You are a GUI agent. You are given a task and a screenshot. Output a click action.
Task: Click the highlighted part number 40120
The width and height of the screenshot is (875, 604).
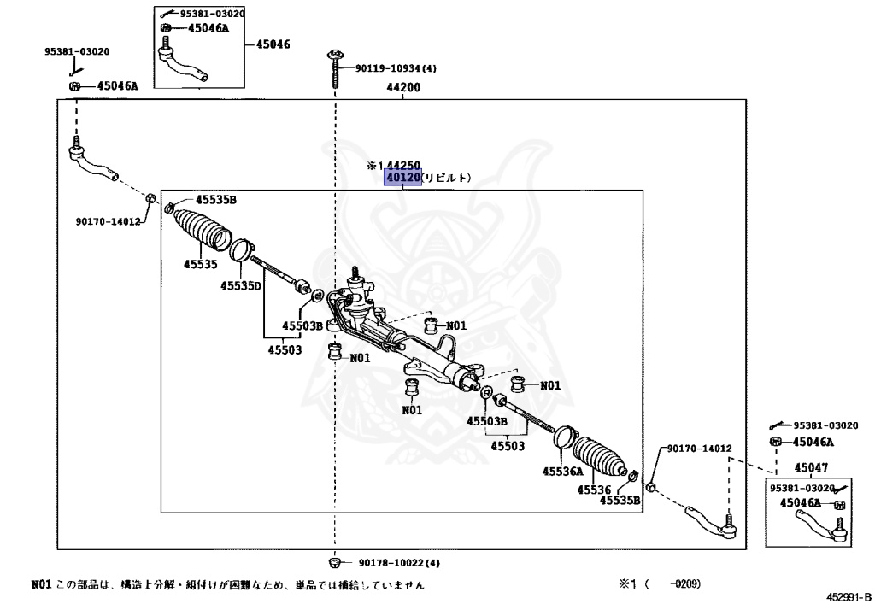coord(403,178)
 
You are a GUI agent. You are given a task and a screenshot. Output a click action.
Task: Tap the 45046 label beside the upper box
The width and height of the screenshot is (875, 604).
coord(273,43)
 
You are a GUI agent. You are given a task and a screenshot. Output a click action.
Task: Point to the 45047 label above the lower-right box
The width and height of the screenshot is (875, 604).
coord(811,467)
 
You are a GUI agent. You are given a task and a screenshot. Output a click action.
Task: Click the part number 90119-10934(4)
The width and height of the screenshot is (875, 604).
coord(396,68)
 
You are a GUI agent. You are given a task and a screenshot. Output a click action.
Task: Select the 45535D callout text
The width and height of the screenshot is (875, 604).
coord(240,286)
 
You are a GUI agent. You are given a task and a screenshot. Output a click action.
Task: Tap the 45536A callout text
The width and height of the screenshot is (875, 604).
coord(562,471)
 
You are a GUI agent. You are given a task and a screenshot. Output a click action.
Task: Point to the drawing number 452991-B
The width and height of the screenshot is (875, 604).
coord(848,596)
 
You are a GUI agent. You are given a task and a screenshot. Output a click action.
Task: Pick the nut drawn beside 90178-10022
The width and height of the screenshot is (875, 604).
coord(335,562)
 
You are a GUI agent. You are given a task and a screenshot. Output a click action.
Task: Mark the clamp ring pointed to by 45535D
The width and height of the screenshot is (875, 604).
coord(243,251)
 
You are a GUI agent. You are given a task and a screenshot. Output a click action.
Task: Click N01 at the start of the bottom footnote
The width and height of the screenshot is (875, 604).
coord(41,585)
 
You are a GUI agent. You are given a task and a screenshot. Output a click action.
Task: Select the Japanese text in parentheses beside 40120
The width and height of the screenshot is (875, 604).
coord(447,178)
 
